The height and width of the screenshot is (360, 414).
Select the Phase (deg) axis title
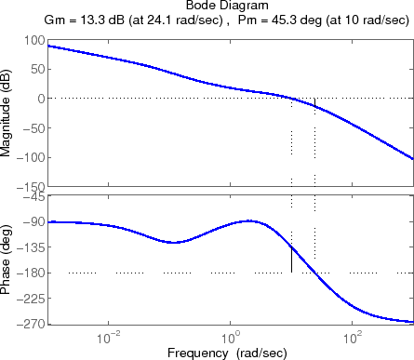click(8, 259)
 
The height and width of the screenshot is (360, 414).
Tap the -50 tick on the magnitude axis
click(33, 128)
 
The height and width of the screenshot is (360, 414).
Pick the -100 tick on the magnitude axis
click(30, 157)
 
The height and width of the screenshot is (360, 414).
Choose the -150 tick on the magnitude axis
click(30, 186)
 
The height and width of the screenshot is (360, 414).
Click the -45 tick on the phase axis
click(33, 196)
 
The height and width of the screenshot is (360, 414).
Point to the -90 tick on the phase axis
click(33, 221)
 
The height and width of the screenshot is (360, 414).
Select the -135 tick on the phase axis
click(30, 247)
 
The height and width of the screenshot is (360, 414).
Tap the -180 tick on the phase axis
click(30, 273)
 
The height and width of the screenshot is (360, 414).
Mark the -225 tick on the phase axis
click(30, 299)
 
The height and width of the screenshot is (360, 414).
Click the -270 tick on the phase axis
click(30, 324)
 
